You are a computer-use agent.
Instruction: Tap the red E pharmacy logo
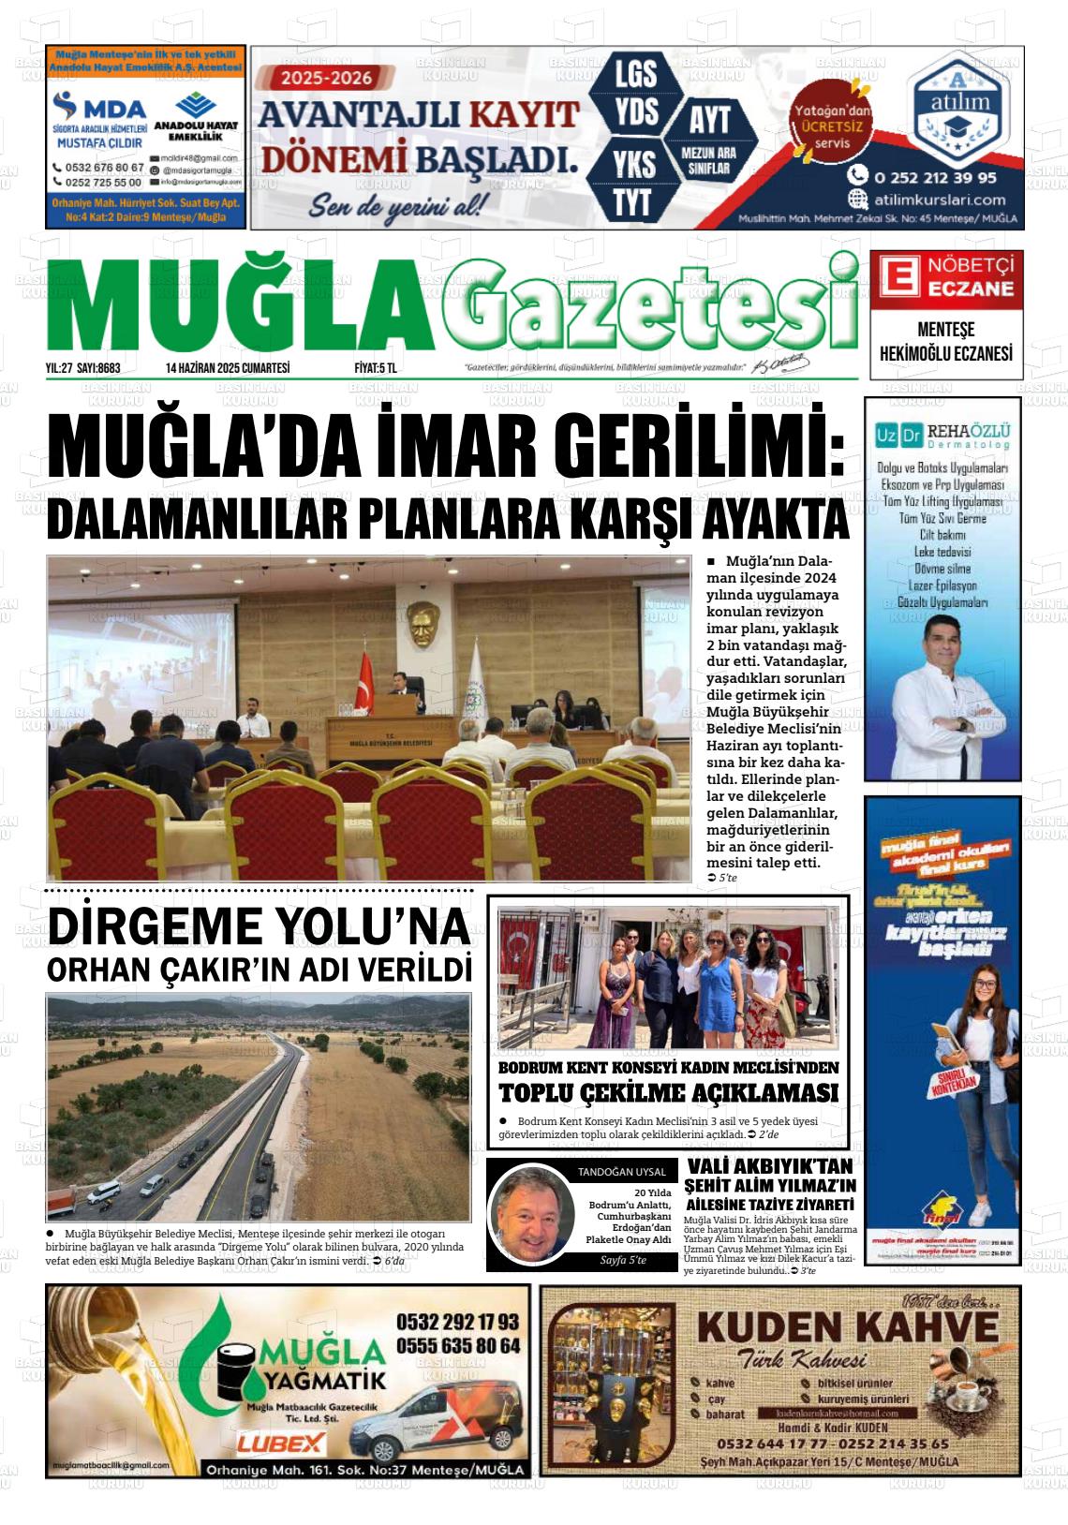tap(895, 278)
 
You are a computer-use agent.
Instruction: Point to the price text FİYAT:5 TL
tap(375, 368)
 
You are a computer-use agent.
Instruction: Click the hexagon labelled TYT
tap(634, 201)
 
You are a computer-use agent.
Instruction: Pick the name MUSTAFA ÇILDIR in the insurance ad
tap(100, 143)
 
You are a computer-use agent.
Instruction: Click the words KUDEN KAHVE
tap(848, 1326)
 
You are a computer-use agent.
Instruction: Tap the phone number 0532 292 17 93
tap(457, 1321)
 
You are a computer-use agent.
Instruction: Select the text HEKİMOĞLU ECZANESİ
tap(945, 354)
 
